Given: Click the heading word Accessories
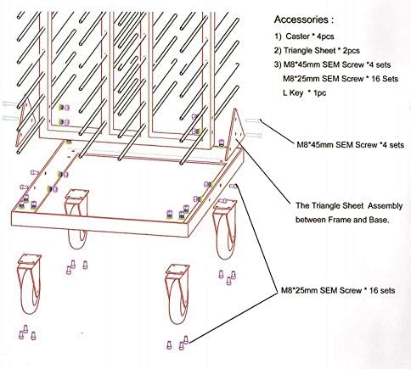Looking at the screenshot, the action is [301, 20].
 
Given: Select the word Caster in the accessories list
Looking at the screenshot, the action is [297, 36].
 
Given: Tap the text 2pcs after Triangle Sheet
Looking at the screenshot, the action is [350, 51].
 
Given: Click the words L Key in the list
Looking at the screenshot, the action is [293, 92].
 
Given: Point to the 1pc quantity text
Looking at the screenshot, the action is [319, 92].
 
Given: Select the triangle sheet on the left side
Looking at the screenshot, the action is [23, 122].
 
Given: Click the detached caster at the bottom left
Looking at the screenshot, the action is [29, 284].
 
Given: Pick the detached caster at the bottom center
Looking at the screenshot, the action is [177, 294].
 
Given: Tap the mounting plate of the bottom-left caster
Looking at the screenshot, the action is [30, 260].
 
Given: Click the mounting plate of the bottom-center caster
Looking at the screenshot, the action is [177, 270].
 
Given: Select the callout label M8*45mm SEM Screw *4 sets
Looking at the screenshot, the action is [350, 145].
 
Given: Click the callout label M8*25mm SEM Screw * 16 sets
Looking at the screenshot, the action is [338, 290].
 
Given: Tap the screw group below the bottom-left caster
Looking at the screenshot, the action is [27, 333].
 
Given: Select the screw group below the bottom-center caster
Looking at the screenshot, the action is [177, 343].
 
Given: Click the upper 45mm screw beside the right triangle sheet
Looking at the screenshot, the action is [253, 120].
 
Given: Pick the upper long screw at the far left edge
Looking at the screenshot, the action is [10, 103].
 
